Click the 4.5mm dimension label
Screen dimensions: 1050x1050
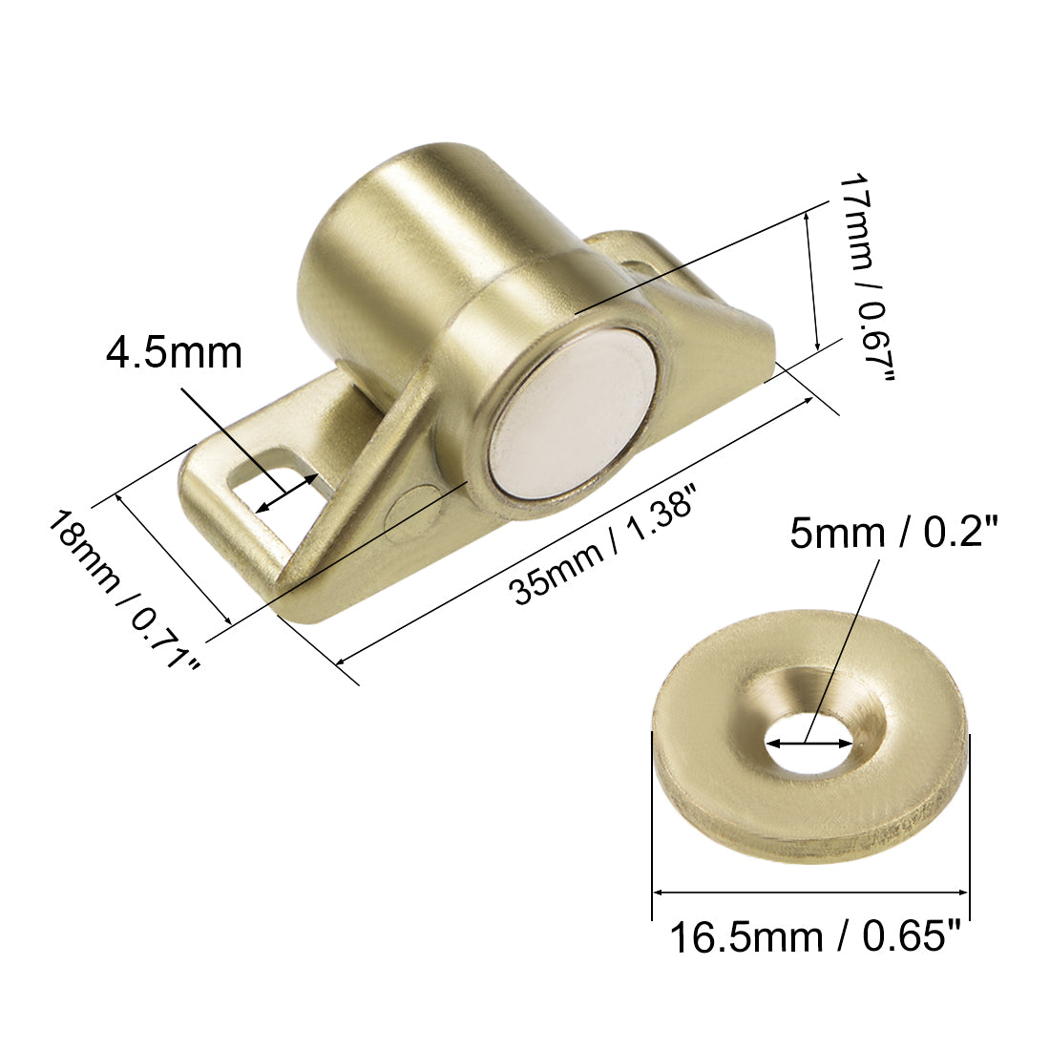tap(174, 352)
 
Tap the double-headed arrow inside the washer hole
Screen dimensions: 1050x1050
tap(810, 744)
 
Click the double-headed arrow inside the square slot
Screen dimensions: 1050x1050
tap(286, 493)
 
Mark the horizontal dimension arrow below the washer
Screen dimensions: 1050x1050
tap(810, 892)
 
